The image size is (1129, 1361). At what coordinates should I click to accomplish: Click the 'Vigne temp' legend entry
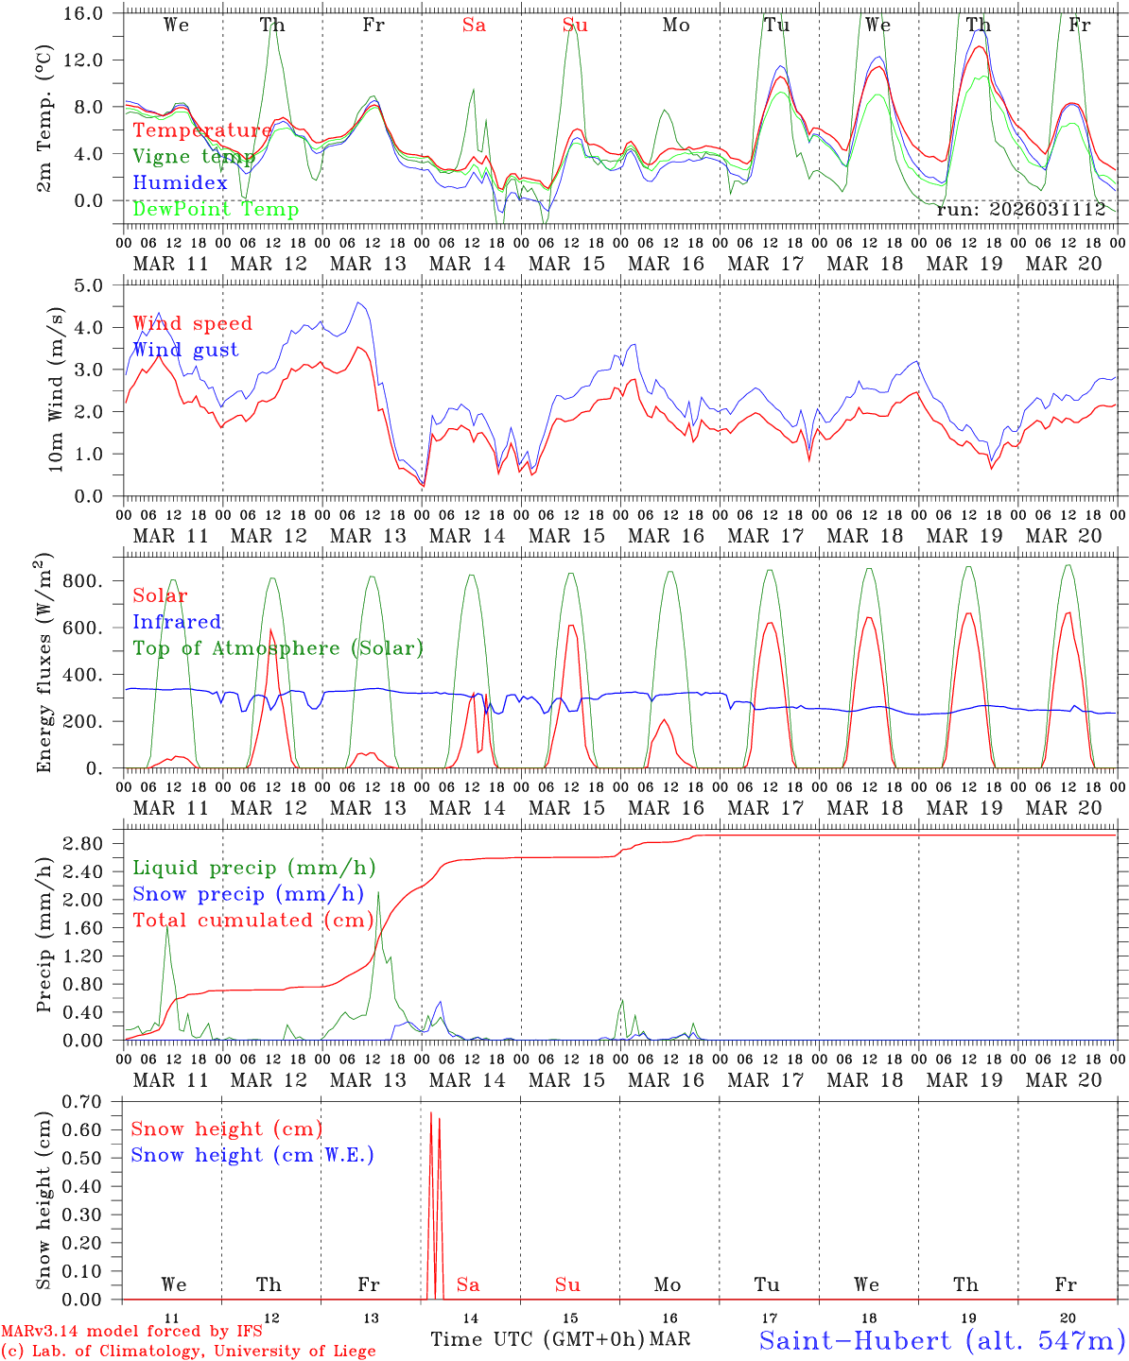tap(194, 156)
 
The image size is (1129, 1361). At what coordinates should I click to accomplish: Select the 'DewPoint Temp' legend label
tap(216, 209)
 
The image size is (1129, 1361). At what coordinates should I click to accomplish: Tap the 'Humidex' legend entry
tap(180, 182)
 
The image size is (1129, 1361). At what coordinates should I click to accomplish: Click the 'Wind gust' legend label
tap(185, 350)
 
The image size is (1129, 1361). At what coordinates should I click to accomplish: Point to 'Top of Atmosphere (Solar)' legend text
tap(278, 648)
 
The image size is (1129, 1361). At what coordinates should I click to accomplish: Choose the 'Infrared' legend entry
tap(177, 622)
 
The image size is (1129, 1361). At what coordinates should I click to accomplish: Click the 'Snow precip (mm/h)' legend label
tap(248, 894)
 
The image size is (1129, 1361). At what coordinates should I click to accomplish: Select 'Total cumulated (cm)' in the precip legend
tap(253, 921)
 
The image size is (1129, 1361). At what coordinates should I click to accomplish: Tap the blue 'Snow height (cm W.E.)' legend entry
tap(252, 1155)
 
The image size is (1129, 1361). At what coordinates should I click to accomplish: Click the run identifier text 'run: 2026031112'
tap(1020, 209)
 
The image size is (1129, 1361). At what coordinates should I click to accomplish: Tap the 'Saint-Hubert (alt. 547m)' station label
tap(942, 1339)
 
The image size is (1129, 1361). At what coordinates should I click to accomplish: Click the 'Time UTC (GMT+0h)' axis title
tap(537, 1339)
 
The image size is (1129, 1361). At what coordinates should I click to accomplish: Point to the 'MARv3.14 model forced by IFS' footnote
tap(131, 1332)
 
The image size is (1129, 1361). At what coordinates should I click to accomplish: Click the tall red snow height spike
tap(431, 1200)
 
